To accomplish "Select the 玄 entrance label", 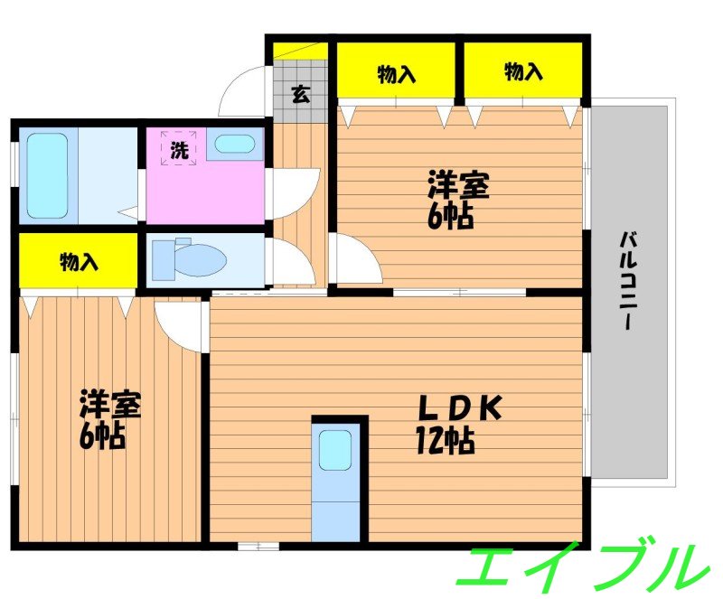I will (300, 93).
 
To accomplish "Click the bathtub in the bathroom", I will (47, 175).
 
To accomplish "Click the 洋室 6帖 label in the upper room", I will (458, 200).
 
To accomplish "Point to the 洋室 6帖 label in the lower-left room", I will (109, 419).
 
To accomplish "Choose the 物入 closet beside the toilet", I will (79, 261).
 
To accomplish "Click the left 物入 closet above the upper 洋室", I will (396, 73).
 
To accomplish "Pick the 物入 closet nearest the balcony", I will (523, 72).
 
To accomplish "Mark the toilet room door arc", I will (292, 261).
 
